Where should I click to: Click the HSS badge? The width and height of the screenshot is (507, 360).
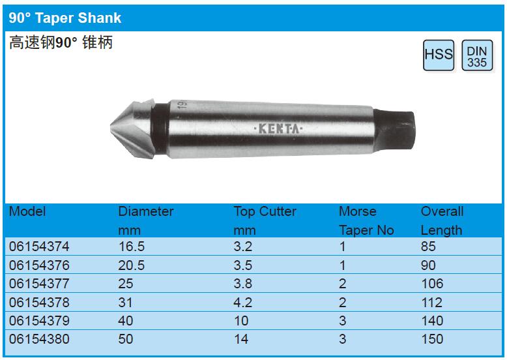pos(439,55)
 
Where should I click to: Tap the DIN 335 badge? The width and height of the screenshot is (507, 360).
pos(477,55)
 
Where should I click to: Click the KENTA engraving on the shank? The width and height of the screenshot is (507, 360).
pos(279,129)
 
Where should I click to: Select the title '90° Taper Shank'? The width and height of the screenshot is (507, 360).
pos(65,18)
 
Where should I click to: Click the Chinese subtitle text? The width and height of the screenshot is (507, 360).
pos(61,42)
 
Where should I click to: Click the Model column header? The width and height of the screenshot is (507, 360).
pos(27,211)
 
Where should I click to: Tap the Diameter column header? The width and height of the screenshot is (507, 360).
pos(146,211)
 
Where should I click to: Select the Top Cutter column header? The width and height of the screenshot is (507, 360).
pos(265,211)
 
